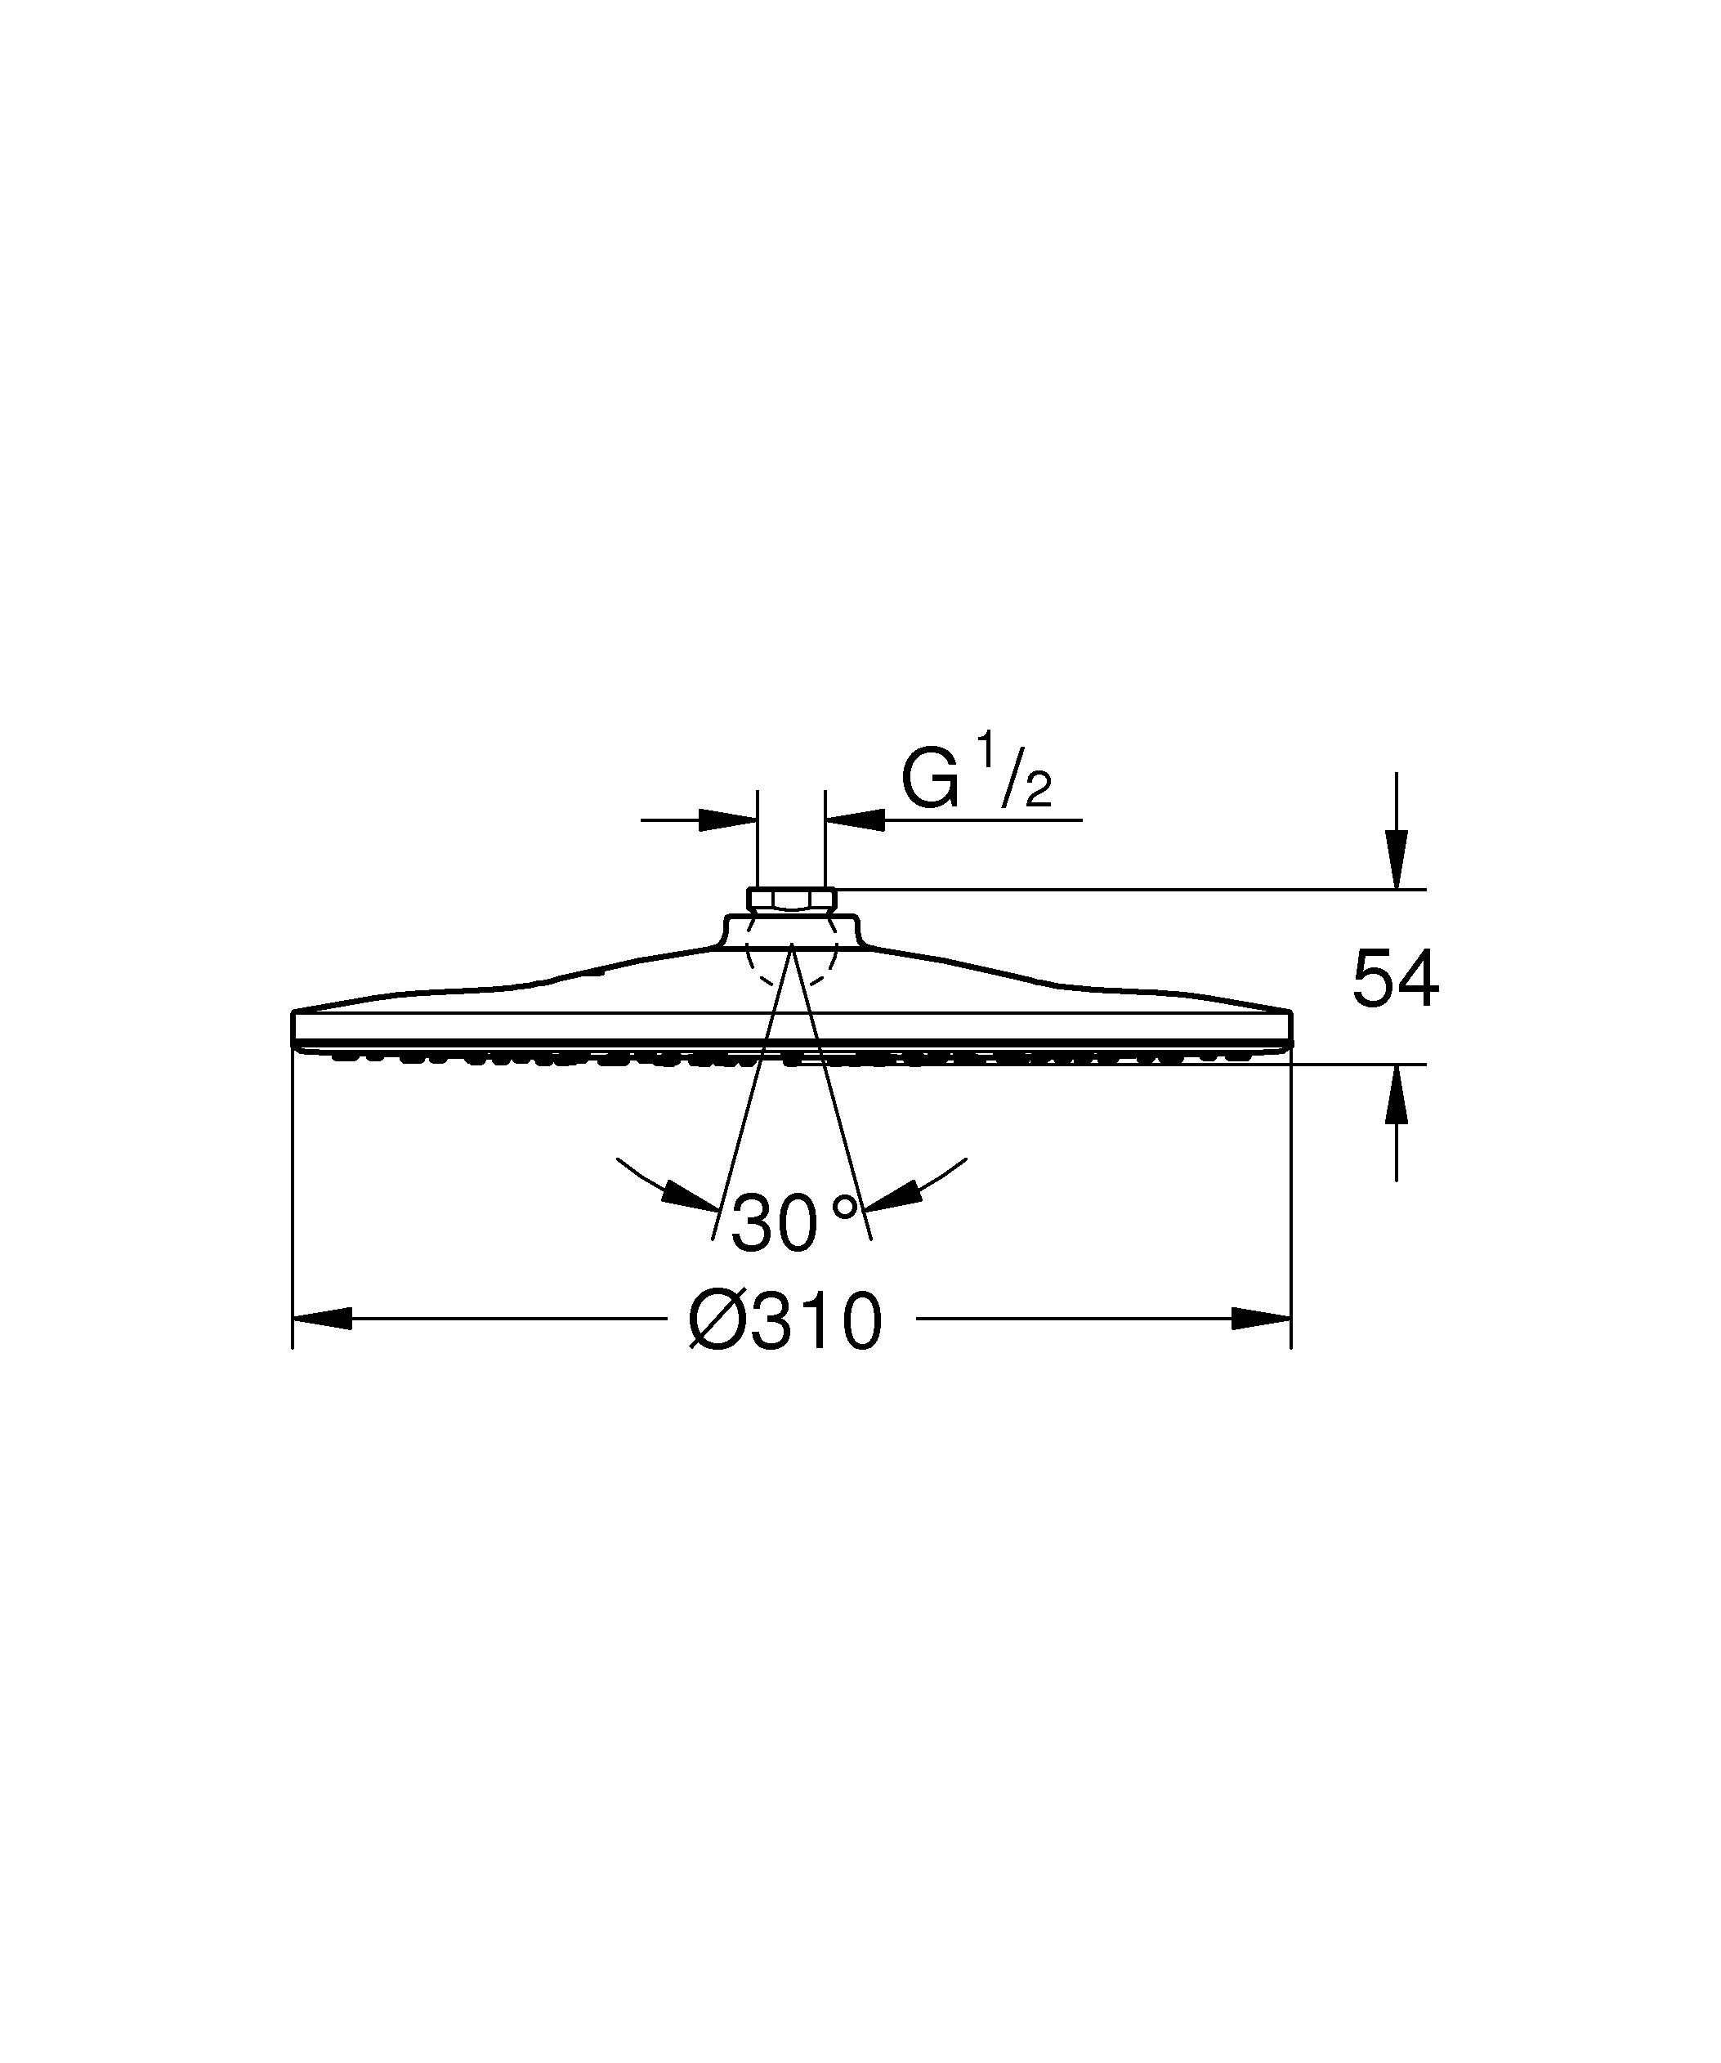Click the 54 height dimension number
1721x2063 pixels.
(1395, 980)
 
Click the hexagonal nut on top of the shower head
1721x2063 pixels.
(792, 899)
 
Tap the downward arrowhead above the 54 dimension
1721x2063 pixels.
(1396, 860)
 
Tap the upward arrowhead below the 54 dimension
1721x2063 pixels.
(1396, 1092)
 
